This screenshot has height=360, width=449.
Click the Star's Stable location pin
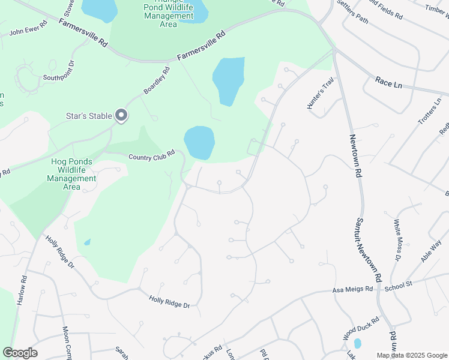pos(121,115)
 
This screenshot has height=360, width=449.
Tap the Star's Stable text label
pos(89,116)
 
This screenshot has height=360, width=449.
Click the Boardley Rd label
pos(157,80)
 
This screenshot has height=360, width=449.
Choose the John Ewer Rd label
pos(28,30)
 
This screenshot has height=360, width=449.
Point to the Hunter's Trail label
pos(320,95)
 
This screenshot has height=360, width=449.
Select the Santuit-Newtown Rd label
pos(369,250)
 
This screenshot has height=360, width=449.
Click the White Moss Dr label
pos(397,239)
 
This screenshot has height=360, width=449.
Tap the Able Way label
pos(431,251)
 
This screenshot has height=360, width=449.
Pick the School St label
pos(399,286)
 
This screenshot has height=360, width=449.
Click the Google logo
pos(20,353)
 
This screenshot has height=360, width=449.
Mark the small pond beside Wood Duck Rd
pos(358,344)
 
